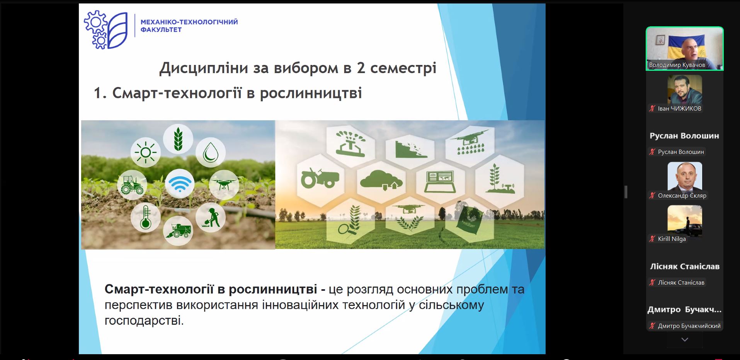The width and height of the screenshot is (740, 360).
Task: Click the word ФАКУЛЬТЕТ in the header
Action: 161,30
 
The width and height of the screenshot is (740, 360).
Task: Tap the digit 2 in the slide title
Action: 361,68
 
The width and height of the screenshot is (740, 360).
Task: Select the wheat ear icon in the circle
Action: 178,139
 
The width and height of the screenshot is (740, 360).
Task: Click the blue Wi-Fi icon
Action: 180,183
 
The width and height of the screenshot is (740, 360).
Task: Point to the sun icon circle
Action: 146,152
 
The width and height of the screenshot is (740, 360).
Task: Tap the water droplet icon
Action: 211,153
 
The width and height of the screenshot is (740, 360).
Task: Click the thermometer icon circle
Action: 145,217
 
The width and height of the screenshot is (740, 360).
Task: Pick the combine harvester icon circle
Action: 178,231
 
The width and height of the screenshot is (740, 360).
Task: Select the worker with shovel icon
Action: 211,217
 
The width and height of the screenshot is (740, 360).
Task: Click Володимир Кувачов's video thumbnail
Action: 685,48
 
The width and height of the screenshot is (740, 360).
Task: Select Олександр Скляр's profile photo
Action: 685,177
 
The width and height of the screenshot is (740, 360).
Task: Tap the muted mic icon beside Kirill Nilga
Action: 652,239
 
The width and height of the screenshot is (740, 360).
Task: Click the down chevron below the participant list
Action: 685,340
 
